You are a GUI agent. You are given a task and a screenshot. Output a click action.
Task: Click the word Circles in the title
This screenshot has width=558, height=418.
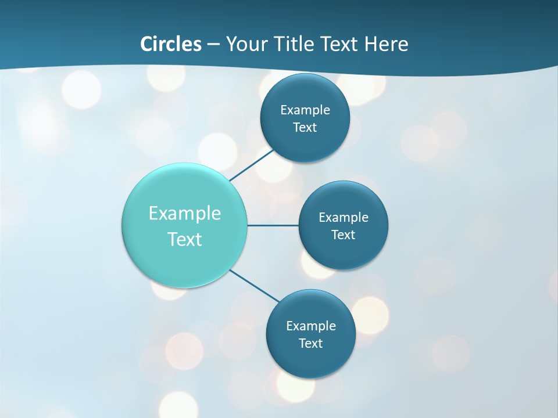pyautogui.click(x=171, y=44)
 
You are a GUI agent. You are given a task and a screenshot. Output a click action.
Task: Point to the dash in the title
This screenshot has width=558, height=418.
pyautogui.click(x=213, y=45)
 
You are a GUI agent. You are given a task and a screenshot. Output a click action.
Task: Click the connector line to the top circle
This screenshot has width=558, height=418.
pyautogui.click(x=252, y=165)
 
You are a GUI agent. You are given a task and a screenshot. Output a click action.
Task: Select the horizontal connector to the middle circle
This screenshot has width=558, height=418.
pyautogui.click(x=273, y=225)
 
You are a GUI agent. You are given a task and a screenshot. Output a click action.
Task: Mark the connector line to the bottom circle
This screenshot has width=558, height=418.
pyautogui.click(x=255, y=286)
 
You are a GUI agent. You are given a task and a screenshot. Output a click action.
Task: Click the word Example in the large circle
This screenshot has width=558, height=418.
pyautogui.click(x=185, y=213)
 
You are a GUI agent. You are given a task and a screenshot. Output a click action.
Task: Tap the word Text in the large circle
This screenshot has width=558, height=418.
pyautogui.click(x=185, y=239)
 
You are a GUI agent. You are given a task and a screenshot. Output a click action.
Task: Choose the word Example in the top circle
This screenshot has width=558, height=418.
pyautogui.click(x=305, y=110)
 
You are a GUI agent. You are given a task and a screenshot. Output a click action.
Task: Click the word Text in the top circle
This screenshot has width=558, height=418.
pyautogui.click(x=305, y=128)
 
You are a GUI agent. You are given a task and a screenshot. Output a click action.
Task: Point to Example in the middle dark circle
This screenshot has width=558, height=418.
pyautogui.click(x=343, y=218)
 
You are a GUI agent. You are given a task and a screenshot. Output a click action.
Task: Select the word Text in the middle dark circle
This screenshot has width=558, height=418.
pyautogui.click(x=343, y=235)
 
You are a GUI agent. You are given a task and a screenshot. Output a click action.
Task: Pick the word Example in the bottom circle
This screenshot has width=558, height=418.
pyautogui.click(x=310, y=326)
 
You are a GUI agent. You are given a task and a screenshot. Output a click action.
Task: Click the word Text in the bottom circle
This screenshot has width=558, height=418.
pyautogui.click(x=310, y=344)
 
